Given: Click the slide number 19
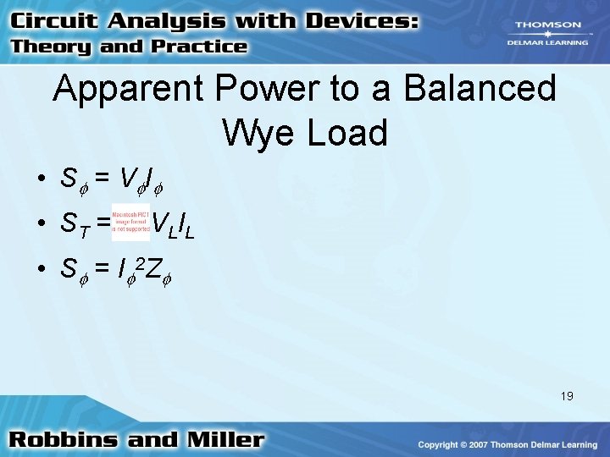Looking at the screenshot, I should tap(566, 395).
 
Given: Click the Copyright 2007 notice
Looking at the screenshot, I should tap(507, 444).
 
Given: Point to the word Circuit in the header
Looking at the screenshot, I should tap(50, 22).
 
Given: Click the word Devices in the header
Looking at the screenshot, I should tap(359, 22).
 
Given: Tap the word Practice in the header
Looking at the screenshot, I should tap(200, 47).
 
